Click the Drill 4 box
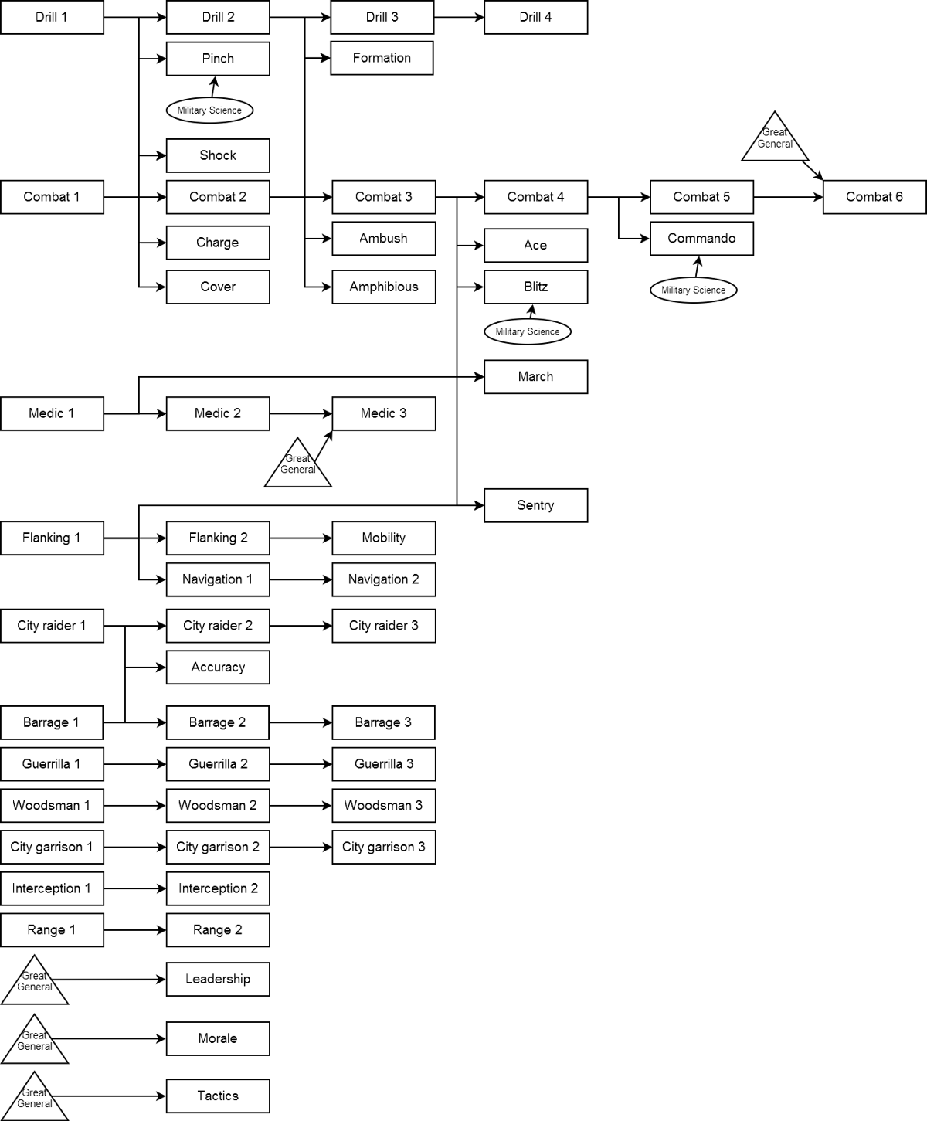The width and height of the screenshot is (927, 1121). pos(535,17)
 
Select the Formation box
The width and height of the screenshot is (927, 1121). pos(382,58)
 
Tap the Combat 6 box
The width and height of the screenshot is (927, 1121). pos(874,197)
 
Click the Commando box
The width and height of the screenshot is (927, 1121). pos(701,239)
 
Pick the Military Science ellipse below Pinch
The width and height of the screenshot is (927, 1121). pos(209,110)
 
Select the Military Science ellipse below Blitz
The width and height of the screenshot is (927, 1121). pos(528,331)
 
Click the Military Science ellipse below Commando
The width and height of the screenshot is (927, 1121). pos(693,290)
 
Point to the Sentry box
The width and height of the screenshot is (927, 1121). pos(535,505)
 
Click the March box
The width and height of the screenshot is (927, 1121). pos(535,377)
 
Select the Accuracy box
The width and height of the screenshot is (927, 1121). pos(218,668)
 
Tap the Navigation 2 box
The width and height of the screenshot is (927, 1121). pos(383,579)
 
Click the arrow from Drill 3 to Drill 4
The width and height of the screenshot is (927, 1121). pos(459,17)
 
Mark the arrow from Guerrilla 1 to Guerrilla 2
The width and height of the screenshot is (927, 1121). pos(135,764)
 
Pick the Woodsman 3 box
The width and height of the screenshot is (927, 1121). pos(383,806)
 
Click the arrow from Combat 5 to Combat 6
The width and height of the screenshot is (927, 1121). pos(788,197)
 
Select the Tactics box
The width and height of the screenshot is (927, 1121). pos(218,1096)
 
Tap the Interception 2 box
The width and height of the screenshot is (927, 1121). pos(218,888)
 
